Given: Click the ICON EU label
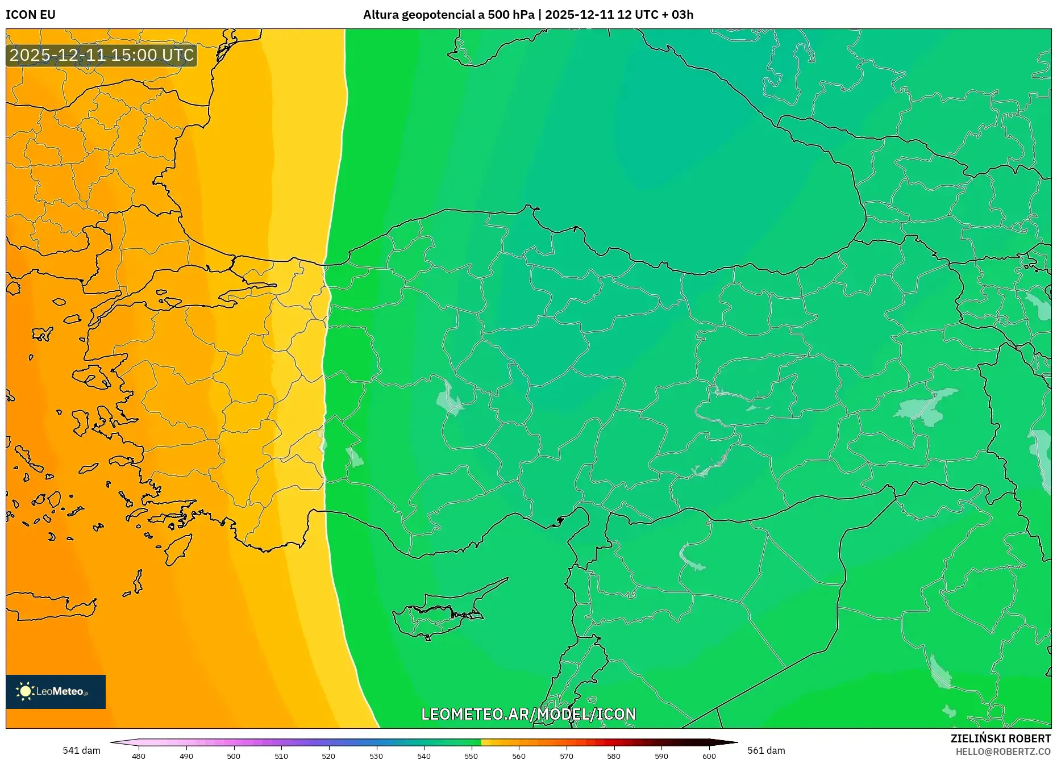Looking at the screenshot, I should tap(31, 15).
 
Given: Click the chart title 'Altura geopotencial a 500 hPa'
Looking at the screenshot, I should tap(448, 15).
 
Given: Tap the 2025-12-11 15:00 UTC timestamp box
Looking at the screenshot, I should tap(102, 55).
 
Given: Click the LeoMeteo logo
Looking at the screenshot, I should tap(56, 691).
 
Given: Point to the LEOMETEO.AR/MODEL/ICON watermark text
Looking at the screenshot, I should tap(528, 714).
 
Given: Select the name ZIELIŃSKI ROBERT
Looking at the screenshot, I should tap(1000, 738).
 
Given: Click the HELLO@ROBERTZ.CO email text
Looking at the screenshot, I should tap(1003, 751).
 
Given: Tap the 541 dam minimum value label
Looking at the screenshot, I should tap(81, 750).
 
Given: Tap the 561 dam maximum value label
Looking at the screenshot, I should tap(766, 750).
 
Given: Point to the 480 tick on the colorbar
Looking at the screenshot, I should tap(139, 755).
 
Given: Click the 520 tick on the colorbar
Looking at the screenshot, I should tap(328, 755).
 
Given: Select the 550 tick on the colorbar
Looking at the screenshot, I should tap(471, 755).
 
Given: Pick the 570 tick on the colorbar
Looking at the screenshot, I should tap(566, 755).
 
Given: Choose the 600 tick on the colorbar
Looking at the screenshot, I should tap(709, 755).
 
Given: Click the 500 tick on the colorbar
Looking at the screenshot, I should tap(234, 755).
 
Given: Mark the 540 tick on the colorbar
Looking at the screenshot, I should tap(423, 755).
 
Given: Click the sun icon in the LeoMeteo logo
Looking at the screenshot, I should tap(26, 691).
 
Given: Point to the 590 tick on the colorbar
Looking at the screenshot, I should tap(661, 755).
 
